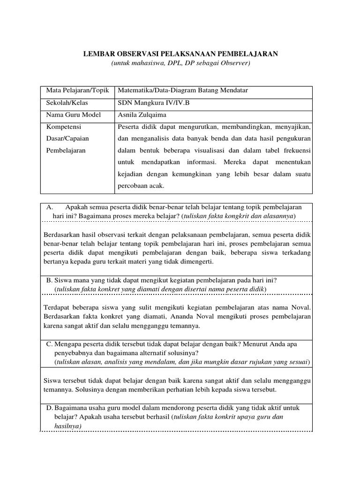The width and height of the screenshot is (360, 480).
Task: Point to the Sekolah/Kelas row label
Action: (67, 103)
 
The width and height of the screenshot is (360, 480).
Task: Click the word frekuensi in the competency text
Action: (298, 151)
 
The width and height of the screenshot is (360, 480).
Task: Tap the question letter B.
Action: (49, 280)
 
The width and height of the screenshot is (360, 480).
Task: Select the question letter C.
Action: (49, 344)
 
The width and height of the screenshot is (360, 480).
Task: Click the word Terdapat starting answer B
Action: (56, 307)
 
